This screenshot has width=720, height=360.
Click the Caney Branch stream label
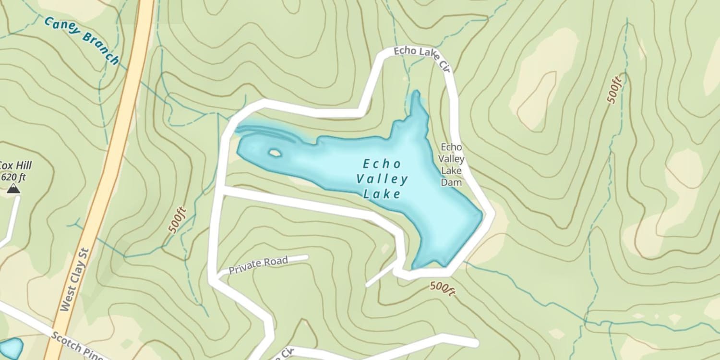[81, 41]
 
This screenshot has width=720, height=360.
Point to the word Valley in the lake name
[382, 180]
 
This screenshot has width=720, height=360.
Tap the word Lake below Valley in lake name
[382, 194]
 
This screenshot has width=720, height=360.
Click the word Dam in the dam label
[451, 182]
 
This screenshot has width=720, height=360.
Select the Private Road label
[258, 264]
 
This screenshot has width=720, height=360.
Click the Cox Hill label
[15, 166]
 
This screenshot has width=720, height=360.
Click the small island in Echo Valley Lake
[275, 153]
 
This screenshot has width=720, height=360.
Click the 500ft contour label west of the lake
[177, 221]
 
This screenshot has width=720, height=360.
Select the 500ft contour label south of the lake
[442, 288]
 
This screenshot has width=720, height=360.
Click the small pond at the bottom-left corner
[11, 348]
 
